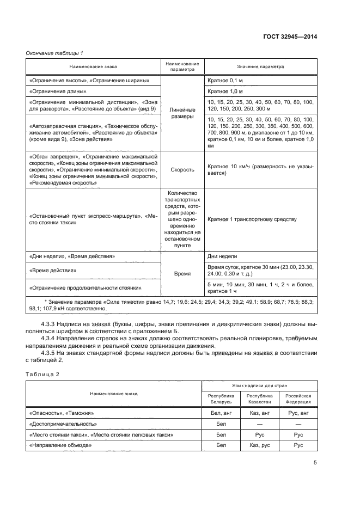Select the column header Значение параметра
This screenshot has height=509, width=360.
coord(260,67)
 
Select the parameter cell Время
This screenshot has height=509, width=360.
coord(182,274)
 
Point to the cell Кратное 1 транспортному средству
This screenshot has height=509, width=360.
coord(252,219)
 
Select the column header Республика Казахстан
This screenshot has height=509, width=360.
coord(259,399)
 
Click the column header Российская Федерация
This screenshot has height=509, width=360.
coord(298,399)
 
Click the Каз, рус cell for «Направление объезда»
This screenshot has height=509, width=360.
coord(259,445)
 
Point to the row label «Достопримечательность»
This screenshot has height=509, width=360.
coord(63,424)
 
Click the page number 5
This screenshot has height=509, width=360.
coord(315,463)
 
